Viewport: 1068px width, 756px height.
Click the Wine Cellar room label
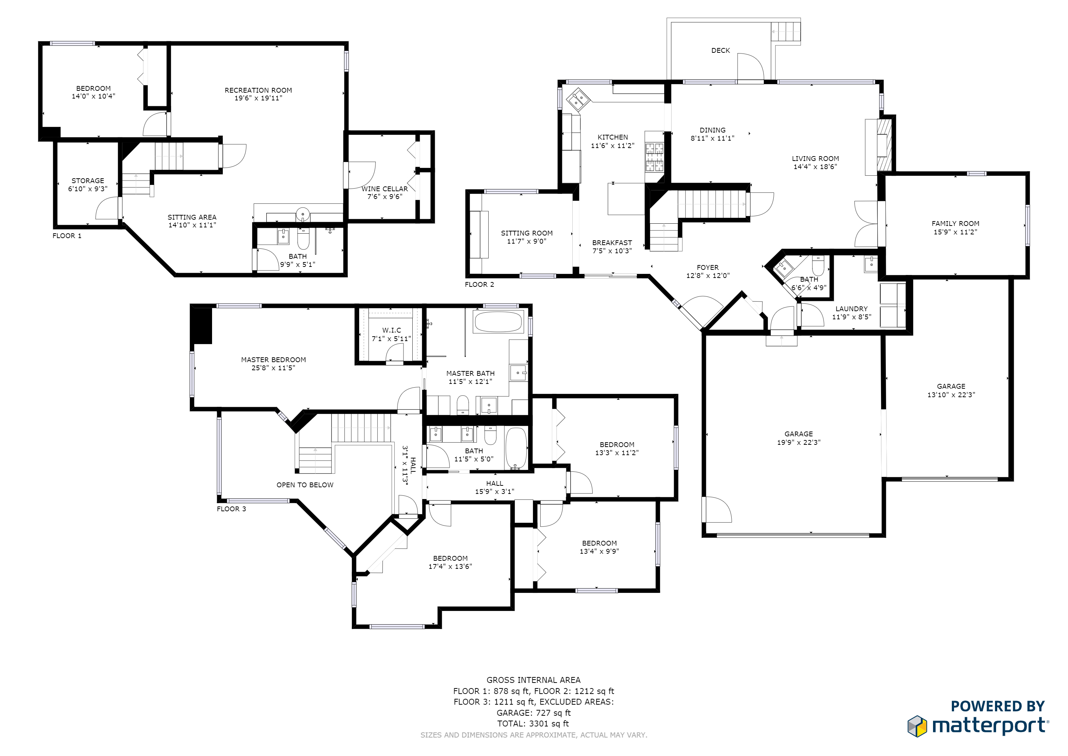(384, 189)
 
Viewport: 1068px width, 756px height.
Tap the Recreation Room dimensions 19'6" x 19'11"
(258, 98)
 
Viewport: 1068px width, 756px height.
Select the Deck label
(720, 50)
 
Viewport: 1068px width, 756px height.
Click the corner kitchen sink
(578, 99)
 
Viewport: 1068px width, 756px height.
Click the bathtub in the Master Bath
(498, 321)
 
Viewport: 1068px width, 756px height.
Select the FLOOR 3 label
(231, 509)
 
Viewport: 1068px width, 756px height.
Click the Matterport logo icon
(917, 726)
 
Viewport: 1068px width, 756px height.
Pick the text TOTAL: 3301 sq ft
(533, 724)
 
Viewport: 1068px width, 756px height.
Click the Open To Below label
(305, 485)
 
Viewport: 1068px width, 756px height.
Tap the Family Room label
(955, 223)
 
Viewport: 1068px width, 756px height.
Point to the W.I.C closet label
(391, 330)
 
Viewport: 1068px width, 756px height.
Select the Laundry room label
(851, 309)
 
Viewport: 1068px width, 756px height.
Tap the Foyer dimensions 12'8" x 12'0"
(707, 276)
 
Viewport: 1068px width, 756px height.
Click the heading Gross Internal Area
(533, 680)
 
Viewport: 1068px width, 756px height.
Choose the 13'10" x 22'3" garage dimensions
(951, 395)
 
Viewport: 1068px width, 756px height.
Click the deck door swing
(750, 67)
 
